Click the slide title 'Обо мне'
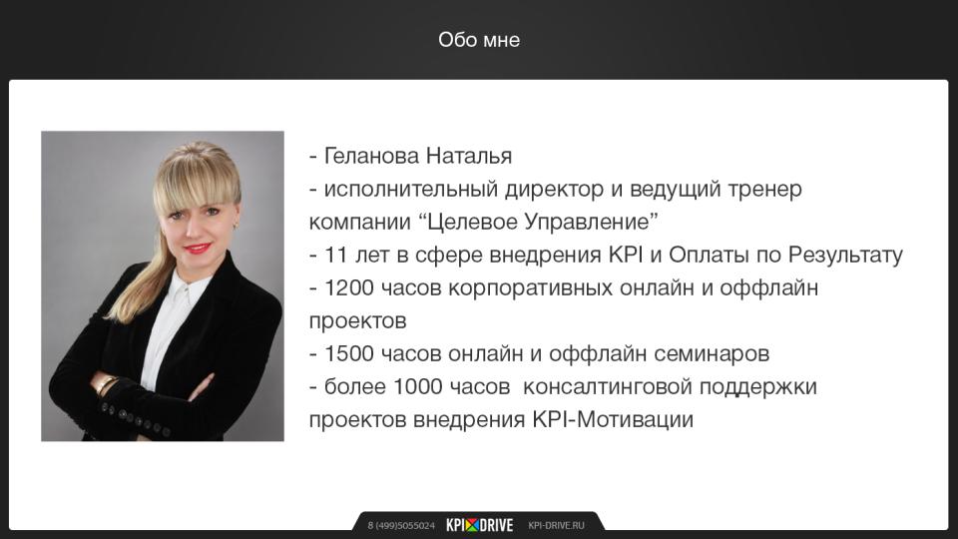coord(479,40)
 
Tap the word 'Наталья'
coord(469,156)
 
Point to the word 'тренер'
coord(764,190)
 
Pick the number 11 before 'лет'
coord(336,255)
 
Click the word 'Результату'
coord(845,256)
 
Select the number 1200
coord(349,287)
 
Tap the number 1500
coord(349,353)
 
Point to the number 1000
coord(418,387)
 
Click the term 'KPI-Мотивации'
coord(613,420)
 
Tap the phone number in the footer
coord(401,526)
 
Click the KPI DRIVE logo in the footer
coord(480,525)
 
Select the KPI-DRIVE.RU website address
coord(556,526)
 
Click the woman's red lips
coord(198,249)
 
